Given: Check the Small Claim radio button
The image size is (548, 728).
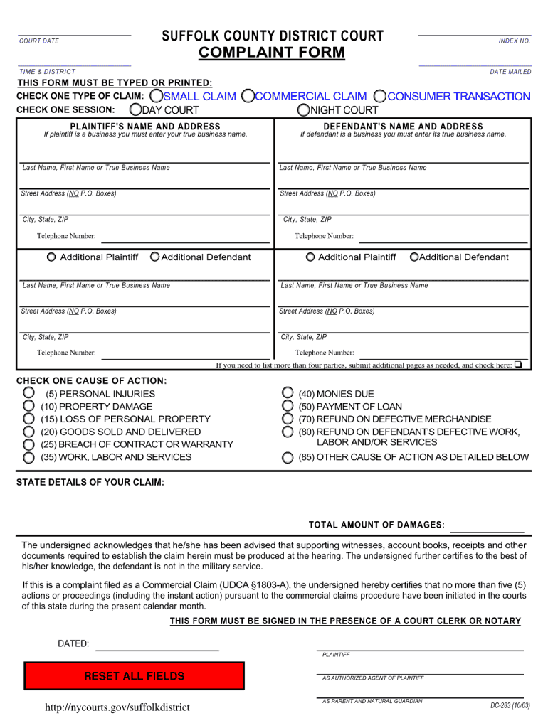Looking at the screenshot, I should (x=156, y=96).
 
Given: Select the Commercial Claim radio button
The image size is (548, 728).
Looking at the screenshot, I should (x=248, y=96).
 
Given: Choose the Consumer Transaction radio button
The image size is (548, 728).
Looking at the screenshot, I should (x=380, y=96).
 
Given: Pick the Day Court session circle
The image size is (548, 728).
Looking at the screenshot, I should (x=135, y=109).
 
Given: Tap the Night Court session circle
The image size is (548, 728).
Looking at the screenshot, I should (x=304, y=109).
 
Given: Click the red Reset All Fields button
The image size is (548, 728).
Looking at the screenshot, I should (x=134, y=676).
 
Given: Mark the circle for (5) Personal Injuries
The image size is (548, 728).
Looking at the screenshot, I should (x=28, y=392).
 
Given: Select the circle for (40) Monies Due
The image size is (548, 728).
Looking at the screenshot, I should (x=287, y=392).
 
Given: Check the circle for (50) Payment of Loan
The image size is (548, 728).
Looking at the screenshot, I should (x=287, y=406).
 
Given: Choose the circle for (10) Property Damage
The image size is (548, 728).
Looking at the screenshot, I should (x=28, y=406).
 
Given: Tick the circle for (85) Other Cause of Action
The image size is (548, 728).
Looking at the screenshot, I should (x=287, y=457).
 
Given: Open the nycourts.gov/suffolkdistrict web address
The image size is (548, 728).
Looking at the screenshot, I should (x=117, y=707).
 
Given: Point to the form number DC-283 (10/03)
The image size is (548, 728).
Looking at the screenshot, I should (x=510, y=705).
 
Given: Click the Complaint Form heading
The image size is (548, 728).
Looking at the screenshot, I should (x=271, y=53).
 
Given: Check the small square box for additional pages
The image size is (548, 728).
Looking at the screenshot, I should (x=518, y=365).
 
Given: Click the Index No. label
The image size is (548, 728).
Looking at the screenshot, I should (x=514, y=41).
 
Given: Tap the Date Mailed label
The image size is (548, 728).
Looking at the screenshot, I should (x=510, y=72).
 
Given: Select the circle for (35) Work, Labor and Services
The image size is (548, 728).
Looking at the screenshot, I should (x=28, y=457).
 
